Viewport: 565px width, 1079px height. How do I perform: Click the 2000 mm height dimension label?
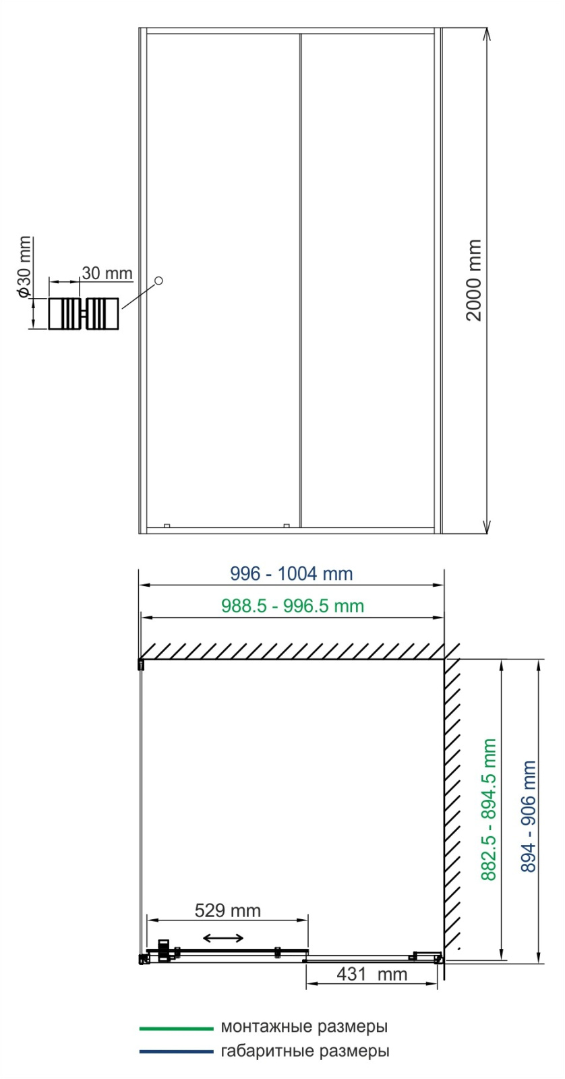474,280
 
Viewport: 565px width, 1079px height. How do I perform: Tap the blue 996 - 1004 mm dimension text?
291,574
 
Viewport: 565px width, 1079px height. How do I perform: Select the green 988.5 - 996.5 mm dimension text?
293,606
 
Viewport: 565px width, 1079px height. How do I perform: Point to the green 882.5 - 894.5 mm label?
488,809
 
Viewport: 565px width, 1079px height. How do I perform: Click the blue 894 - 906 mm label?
529,817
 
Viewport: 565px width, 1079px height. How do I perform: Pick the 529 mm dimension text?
228,910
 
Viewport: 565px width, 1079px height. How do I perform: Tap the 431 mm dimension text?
372,974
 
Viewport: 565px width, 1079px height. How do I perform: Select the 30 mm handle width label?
107,273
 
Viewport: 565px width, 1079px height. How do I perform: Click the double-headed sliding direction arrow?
223,937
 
